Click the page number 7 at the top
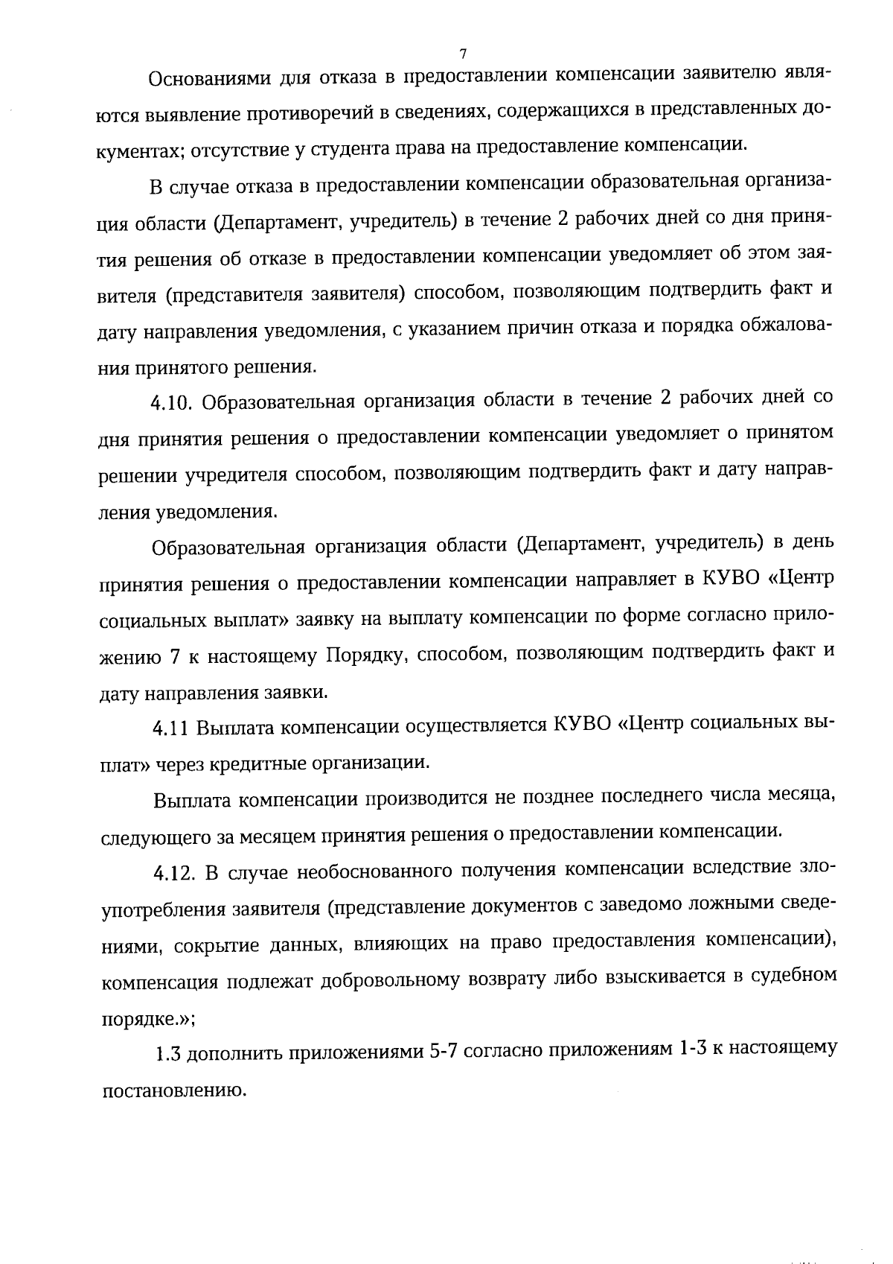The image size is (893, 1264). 462,54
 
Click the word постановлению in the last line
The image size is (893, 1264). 173,1090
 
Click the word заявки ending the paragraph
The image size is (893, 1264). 301,692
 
